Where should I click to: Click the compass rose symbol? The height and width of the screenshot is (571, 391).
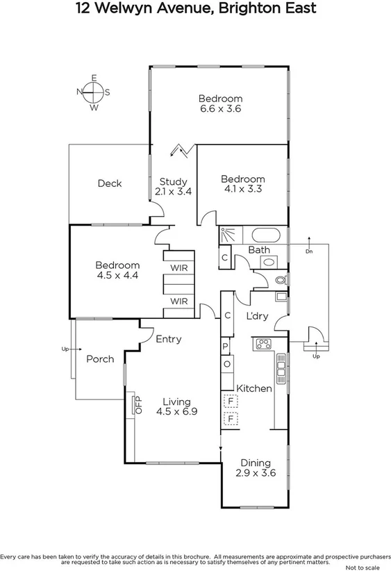93,92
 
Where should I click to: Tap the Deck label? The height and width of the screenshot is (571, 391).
109,183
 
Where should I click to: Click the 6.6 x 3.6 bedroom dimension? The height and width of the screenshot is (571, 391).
220,108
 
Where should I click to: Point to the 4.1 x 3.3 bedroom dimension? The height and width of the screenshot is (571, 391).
244,188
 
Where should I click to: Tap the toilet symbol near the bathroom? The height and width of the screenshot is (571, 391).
280,281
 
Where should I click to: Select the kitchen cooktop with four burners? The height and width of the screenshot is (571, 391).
264,343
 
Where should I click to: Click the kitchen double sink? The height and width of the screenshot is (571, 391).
281,367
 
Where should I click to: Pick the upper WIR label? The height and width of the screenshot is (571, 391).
178,267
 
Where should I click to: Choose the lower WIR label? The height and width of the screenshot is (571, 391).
178,301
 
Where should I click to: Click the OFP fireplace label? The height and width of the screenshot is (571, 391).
137,406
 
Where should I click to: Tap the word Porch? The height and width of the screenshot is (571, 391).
99,359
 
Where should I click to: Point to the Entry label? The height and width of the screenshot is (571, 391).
168,339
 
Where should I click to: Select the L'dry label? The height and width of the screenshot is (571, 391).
258,316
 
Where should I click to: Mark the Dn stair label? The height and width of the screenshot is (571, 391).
309,251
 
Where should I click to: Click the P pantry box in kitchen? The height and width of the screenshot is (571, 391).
226,346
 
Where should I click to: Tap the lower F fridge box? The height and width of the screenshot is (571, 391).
230,419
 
